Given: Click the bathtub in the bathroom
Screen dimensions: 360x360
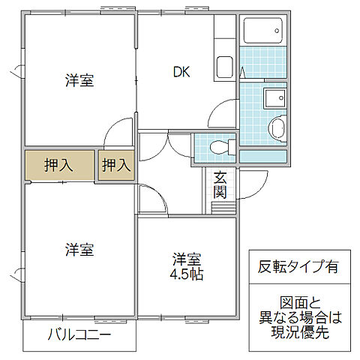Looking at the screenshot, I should point(264,32).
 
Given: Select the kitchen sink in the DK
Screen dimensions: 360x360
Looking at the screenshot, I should point(226,68).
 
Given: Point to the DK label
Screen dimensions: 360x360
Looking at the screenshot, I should point(181,72).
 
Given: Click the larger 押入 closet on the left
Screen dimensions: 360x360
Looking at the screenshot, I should point(58,166).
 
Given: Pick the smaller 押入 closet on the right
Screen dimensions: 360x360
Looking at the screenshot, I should point(116,166).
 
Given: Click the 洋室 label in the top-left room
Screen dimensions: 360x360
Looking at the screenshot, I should point(79,81).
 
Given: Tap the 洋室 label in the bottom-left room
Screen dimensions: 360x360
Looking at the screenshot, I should point(79,250).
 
